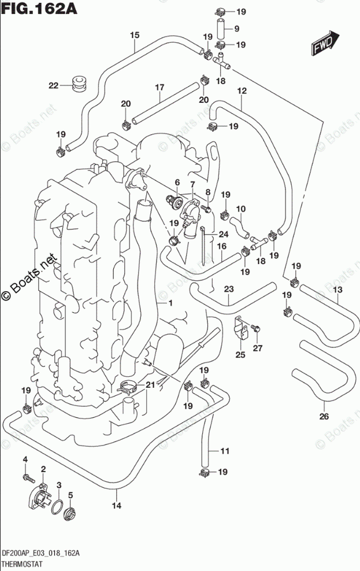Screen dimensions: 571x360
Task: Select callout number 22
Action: tap(54, 86)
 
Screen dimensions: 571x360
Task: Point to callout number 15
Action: tap(134, 35)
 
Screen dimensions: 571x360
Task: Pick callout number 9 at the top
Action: tap(236, 28)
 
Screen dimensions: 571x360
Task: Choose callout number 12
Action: tap(242, 91)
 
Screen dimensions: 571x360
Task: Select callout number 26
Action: tap(324, 416)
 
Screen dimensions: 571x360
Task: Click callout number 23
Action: tap(228, 289)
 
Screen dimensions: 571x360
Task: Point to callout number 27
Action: tap(258, 348)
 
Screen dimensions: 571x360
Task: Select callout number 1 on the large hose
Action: tap(171, 303)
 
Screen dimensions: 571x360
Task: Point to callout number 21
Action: tap(150, 384)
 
